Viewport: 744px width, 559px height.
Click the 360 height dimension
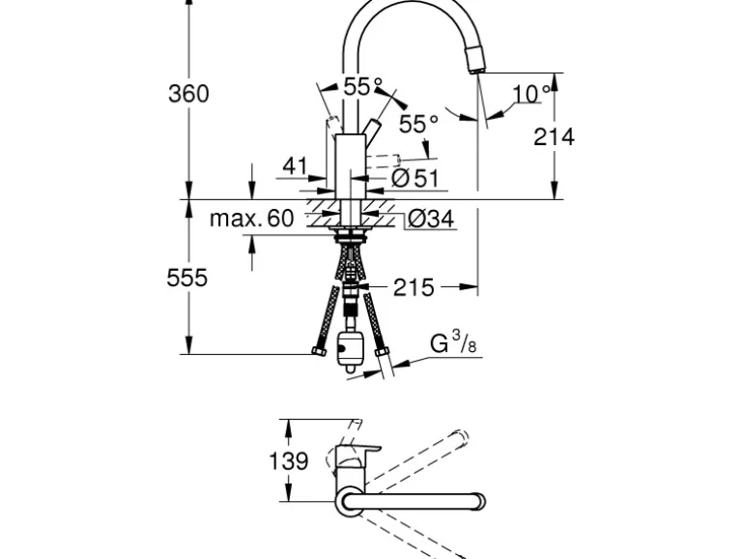(x=188, y=94)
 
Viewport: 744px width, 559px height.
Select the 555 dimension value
(x=187, y=278)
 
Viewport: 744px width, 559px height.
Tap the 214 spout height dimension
(x=554, y=136)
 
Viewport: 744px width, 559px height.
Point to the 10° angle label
(x=530, y=94)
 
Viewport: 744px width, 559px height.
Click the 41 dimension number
(x=296, y=166)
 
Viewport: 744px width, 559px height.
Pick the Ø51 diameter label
(x=415, y=177)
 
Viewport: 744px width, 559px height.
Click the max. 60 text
(x=251, y=218)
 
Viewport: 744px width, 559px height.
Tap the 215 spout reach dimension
(x=414, y=287)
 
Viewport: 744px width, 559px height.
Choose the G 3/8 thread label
(x=452, y=343)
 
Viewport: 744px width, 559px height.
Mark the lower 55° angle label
(x=418, y=124)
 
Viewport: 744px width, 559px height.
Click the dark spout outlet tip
(x=475, y=63)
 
